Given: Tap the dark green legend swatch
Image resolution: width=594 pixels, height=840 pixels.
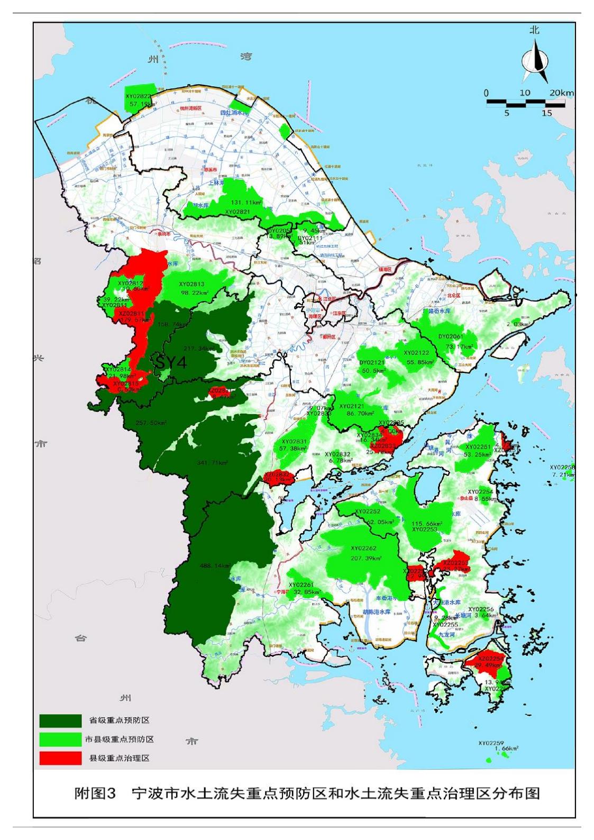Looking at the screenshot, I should pyautogui.click(x=60, y=720).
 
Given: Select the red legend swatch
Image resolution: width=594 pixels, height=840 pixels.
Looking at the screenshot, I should pyautogui.click(x=60, y=757).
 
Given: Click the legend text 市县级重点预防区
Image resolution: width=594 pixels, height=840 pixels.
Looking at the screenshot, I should pyautogui.click(x=120, y=739).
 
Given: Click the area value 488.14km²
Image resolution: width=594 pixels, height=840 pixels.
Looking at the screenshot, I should pyautogui.click(x=214, y=565).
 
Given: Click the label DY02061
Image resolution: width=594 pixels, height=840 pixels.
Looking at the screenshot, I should pyautogui.click(x=451, y=336).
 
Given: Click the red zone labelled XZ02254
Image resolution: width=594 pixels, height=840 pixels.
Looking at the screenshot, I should pyautogui.click(x=490, y=659).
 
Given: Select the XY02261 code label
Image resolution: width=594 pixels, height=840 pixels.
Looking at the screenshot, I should pyautogui.click(x=300, y=585).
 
